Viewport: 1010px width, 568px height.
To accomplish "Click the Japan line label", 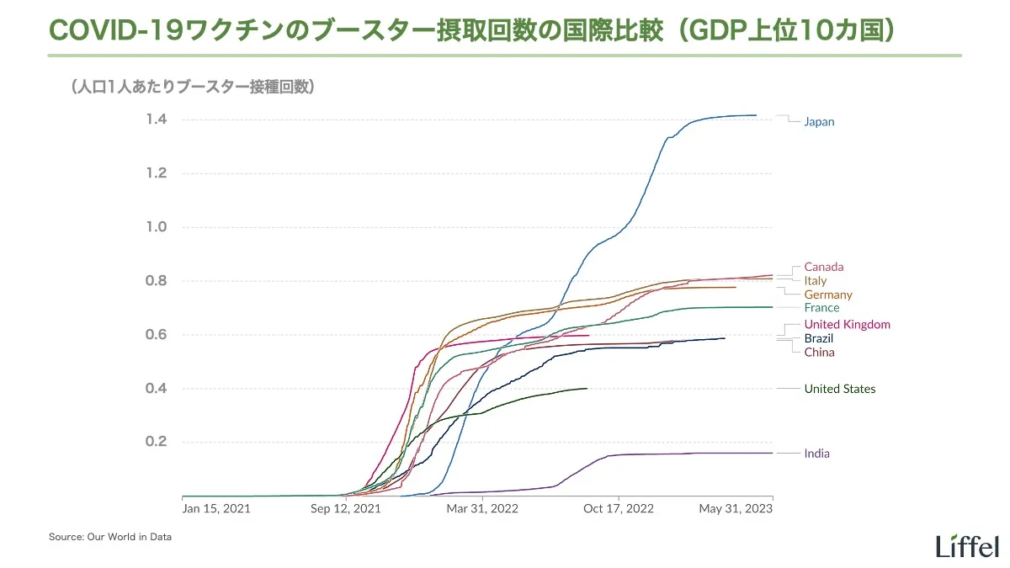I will tap(819, 122).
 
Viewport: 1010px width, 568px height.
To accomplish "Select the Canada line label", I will tap(823, 268).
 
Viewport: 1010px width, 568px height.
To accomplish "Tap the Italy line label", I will tap(816, 281).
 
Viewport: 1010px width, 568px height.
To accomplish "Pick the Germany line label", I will tap(828, 295).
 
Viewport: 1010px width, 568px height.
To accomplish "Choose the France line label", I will tap(821, 308).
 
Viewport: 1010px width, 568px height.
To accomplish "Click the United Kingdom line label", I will tap(847, 325).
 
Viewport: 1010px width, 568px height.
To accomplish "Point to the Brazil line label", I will tap(819, 338).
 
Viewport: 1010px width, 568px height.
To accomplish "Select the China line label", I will tap(819, 353).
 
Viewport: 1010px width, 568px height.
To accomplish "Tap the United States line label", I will tap(840, 389).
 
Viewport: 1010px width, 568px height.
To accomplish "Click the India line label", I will tap(816, 454).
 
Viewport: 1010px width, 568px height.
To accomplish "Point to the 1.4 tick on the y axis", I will tap(156, 119).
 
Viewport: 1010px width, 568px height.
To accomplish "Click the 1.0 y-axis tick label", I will tap(156, 227).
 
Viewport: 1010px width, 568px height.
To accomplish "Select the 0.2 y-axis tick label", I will tap(156, 443).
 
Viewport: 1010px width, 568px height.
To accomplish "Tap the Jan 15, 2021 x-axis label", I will tap(216, 508).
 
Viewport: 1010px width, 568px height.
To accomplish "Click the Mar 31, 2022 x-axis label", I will tap(482, 508).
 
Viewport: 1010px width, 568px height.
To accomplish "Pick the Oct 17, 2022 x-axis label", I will tap(619, 508).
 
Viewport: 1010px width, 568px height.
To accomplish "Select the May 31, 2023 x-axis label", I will tap(736, 508).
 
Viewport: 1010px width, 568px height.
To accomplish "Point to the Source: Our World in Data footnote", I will tap(110, 537).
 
